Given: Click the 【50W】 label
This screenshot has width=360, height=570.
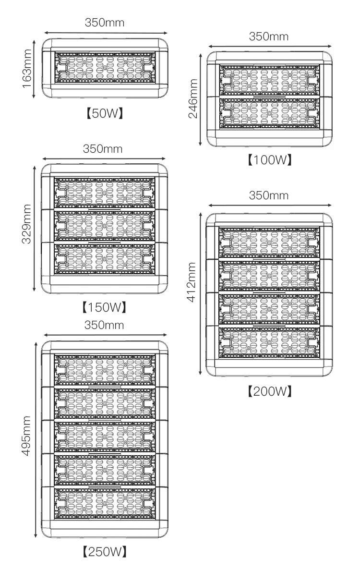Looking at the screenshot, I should click(105, 114).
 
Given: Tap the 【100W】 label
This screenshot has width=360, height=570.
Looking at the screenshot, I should click(269, 159).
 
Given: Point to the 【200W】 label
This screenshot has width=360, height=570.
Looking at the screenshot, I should click(269, 391).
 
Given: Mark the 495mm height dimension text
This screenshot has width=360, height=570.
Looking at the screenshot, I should click(27, 437).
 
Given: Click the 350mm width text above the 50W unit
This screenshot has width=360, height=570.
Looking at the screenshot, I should click(105, 22).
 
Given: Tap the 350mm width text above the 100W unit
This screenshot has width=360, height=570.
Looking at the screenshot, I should click(269, 36).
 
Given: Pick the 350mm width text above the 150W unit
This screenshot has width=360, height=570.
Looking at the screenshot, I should click(103, 148).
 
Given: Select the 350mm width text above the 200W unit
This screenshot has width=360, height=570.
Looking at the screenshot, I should click(269, 195).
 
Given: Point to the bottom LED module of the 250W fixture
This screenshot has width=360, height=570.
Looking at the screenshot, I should click(105, 503).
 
